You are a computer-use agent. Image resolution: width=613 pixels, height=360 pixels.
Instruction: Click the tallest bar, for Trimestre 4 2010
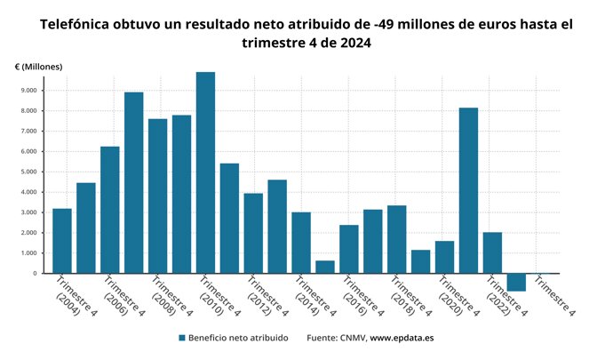205,172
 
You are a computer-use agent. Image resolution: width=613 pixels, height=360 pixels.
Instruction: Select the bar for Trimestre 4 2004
62,241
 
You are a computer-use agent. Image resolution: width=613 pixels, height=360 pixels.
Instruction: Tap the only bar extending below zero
516,283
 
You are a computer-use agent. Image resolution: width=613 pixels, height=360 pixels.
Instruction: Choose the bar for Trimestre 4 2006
110,210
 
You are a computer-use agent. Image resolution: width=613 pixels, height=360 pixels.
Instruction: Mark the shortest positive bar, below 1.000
325,267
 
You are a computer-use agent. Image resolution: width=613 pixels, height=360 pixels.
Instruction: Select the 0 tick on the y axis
33,274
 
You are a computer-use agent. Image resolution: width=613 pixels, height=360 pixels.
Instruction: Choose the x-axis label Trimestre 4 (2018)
410,299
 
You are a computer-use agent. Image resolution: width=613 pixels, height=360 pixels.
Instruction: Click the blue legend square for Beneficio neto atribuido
182,339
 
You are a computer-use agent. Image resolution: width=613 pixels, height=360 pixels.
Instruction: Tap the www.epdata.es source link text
402,339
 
